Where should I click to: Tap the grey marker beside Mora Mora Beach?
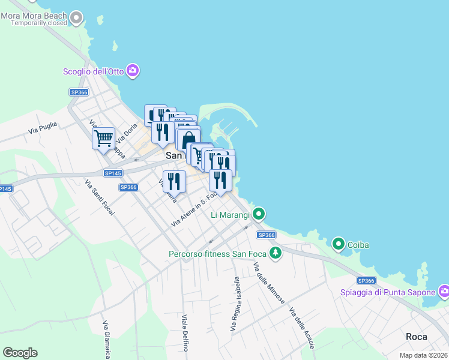(76, 18)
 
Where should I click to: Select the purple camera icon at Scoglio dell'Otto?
(133, 71)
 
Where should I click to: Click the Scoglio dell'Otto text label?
(94, 71)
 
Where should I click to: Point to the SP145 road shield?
(112, 173)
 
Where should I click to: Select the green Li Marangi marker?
(259, 214)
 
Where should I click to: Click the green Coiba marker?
(339, 244)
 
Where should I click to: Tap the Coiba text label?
(358, 245)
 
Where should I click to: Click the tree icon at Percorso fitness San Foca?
(276, 253)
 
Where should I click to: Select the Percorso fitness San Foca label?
(216, 254)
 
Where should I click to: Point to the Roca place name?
(417, 337)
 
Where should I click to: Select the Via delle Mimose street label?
(268, 283)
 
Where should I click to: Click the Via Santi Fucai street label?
(96, 197)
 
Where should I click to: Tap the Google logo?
(20, 353)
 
